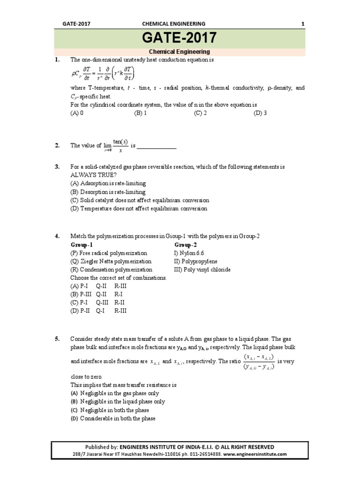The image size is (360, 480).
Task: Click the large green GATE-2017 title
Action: (x=180, y=38)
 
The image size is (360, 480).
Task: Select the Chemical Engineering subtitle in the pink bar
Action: (x=180, y=52)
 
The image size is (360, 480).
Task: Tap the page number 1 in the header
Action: (x=302, y=23)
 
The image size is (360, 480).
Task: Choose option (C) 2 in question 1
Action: (x=200, y=113)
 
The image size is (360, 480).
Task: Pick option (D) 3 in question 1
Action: (x=260, y=113)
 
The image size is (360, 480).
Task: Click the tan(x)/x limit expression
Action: (x=115, y=146)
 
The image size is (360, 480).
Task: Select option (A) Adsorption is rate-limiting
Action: (x=108, y=183)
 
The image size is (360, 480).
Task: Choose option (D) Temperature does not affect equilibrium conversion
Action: (x=139, y=209)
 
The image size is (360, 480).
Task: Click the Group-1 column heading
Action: (x=82, y=245)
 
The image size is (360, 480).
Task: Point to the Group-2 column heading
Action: (x=186, y=245)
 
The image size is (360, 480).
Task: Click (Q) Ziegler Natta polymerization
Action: (x=111, y=262)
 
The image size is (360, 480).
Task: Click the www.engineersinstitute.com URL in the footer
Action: (x=255, y=454)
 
